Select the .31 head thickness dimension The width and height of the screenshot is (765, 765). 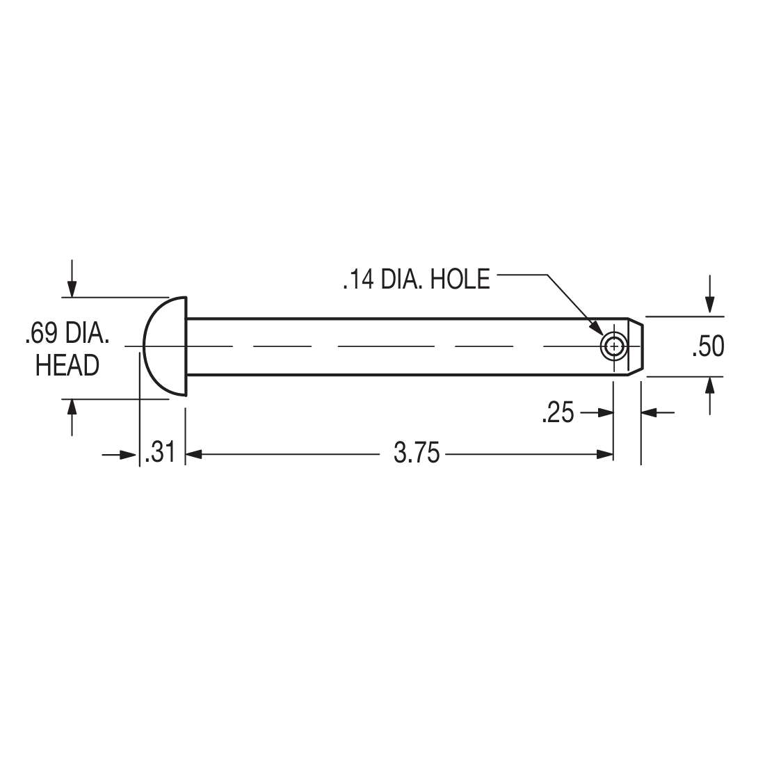[159, 453]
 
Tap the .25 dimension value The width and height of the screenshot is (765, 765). [558, 413]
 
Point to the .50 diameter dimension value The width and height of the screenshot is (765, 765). [708, 346]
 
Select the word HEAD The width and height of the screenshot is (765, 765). [67, 365]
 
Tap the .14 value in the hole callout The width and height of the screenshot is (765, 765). [358, 279]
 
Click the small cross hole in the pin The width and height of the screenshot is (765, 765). [613, 346]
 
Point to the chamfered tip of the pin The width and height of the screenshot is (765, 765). [635, 346]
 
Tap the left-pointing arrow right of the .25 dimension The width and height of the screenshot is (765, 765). [650, 413]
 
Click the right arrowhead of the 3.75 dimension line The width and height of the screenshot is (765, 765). [605, 455]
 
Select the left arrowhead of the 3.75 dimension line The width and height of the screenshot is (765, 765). [193, 455]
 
